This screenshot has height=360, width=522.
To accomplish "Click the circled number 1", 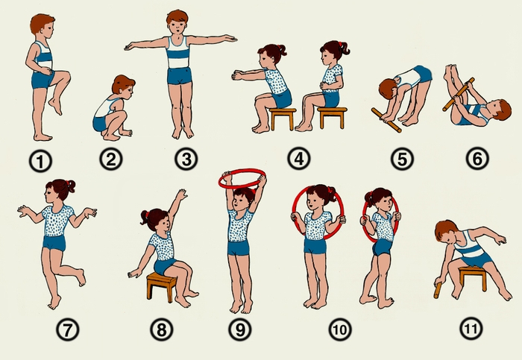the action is pos(40,162).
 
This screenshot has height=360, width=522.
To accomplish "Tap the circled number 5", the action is pos(402,159).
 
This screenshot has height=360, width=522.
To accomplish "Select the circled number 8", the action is pos(162,329).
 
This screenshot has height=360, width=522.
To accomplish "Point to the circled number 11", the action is pos(471,329).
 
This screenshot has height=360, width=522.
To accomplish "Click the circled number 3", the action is pos(186,159).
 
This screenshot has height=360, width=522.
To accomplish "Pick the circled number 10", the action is pos(340,329).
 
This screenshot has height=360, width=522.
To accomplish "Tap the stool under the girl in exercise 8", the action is pos(162,286).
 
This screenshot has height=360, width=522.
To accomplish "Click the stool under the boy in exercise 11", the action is pos(473,277).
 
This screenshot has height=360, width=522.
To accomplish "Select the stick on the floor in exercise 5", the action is pos(386,120).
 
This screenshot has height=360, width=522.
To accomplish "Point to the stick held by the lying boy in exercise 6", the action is pos(459,94).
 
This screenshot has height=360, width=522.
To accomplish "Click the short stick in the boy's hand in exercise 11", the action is pos(438,290).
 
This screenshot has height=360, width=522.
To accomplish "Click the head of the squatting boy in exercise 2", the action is pos(123,85).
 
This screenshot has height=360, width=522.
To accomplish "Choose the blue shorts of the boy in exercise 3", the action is pos(180,76).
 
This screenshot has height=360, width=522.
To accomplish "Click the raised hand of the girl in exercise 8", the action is pos(181,195).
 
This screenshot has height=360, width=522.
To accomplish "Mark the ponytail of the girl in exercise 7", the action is pos(71,186).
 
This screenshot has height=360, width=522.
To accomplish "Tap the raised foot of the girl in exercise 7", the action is pos(81,277).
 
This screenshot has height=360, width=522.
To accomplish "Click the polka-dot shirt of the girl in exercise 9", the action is pos(239,224).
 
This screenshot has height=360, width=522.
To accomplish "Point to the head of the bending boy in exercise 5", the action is pos(388,89).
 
